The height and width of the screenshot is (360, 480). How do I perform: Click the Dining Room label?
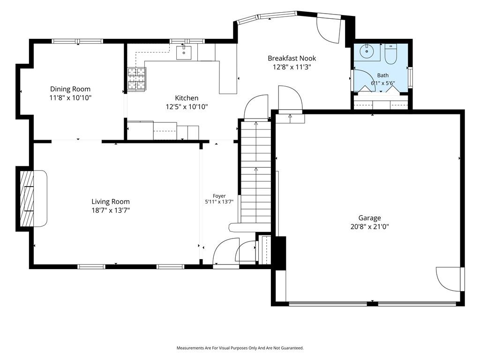70,89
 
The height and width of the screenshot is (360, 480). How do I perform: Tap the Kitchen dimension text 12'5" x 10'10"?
187,107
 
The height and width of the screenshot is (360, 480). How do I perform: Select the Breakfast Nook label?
292,58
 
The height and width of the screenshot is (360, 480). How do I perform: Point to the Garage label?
369,218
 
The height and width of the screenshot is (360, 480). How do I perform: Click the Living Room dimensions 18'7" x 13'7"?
111,210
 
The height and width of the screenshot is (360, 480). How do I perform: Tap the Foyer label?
219,196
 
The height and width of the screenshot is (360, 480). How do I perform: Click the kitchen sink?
184,52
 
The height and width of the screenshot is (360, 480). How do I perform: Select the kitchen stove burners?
136,79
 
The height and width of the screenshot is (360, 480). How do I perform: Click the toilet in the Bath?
390,54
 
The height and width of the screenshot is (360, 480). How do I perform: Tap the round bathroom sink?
366,51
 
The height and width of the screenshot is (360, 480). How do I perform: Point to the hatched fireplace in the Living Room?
27,198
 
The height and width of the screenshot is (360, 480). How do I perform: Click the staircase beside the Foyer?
256,172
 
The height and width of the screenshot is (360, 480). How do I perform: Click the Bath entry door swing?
365,81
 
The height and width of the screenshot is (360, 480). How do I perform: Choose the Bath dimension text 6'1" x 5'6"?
383,83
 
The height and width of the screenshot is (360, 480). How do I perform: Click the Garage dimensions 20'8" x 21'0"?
370,227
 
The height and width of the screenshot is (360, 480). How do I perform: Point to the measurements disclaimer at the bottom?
240,348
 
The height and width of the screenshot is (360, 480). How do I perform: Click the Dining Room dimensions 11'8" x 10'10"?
70,98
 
